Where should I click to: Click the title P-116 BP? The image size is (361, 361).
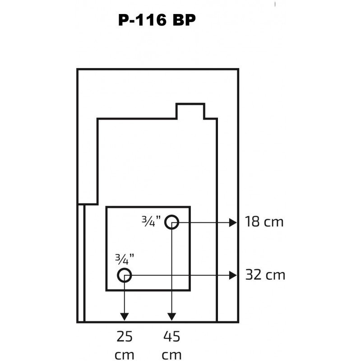(157, 20)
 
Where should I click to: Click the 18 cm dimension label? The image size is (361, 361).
(264, 222)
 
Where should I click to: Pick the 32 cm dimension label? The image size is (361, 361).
(265, 275)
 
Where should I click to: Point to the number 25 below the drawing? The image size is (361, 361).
(125, 336)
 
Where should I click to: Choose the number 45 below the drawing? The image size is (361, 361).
(171, 336)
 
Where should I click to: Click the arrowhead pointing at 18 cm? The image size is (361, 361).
(233, 222)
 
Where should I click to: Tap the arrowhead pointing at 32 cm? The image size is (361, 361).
(233, 275)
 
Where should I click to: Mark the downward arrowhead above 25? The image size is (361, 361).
(125, 317)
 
